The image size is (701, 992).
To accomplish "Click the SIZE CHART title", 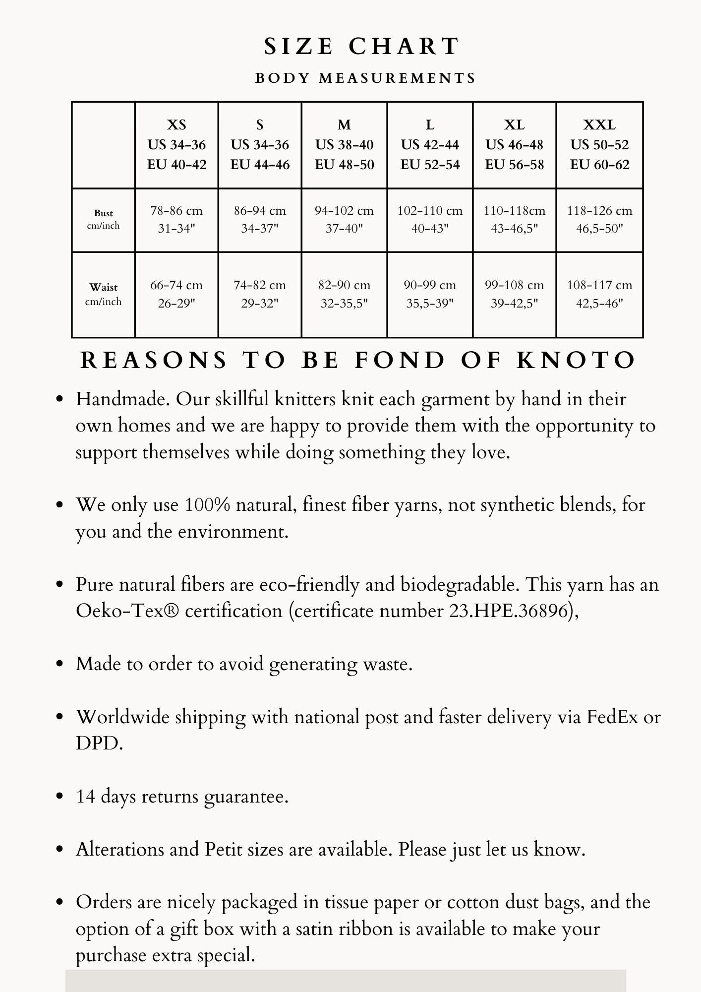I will [x=361, y=47].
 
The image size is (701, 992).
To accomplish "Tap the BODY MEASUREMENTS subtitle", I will [x=365, y=78].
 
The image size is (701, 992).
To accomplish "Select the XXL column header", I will [x=599, y=145].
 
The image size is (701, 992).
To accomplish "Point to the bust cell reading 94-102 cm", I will [x=344, y=219].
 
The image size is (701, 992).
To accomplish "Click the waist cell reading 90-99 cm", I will [x=430, y=294].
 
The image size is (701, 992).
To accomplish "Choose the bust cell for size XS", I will [x=176, y=219].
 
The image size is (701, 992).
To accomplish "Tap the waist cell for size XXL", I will [x=599, y=294].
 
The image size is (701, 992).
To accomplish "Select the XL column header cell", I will [x=514, y=145].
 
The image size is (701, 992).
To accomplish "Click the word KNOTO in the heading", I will [x=576, y=361].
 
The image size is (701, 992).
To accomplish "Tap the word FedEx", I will [x=612, y=717].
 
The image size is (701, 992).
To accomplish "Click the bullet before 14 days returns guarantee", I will [x=60, y=797].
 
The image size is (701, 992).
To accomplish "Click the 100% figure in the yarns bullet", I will [x=207, y=505].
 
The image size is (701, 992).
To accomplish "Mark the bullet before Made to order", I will [x=60, y=664].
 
